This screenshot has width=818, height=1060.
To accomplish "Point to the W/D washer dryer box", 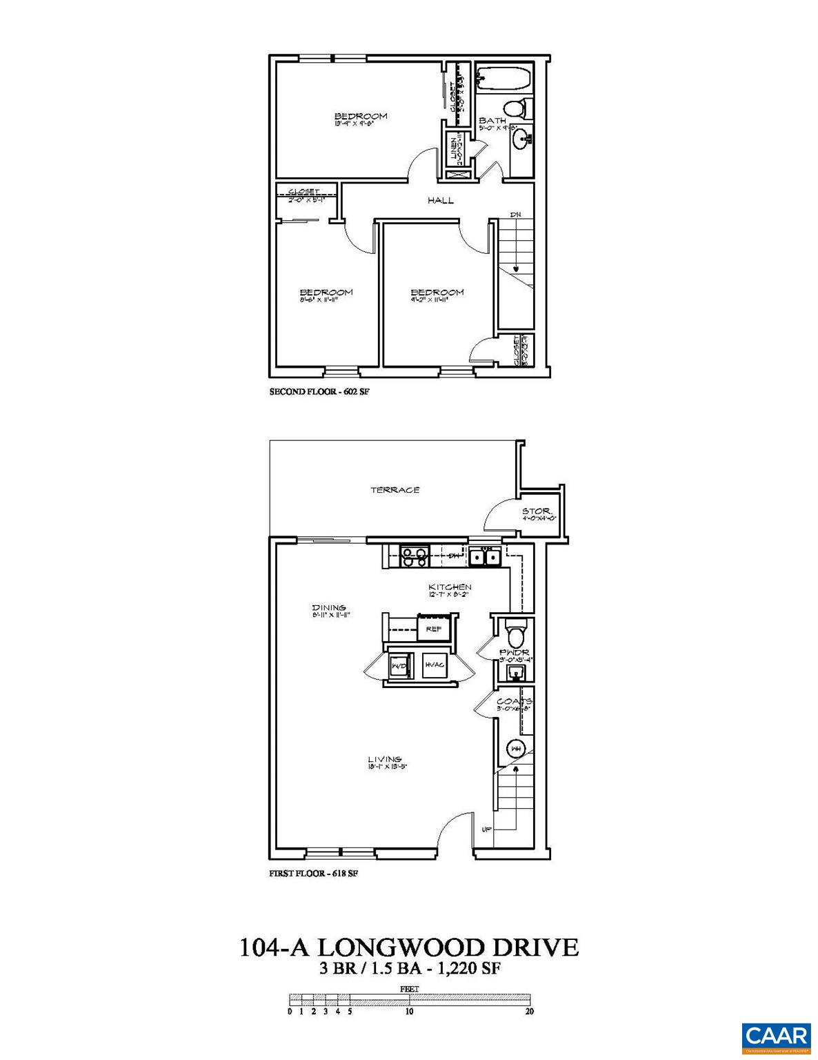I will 399,667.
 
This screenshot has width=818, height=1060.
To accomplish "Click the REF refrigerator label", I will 433,629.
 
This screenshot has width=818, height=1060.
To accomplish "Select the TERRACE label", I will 395,490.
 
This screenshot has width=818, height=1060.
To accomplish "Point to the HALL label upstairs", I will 440,200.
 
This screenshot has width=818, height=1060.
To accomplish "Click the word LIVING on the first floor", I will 384,759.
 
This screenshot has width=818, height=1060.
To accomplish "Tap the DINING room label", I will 328,607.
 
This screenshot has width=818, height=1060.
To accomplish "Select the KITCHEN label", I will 450,587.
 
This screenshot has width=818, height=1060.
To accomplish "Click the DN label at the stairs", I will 515,215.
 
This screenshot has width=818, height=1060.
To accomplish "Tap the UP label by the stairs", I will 486,829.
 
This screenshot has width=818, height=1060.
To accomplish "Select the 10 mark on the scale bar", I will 409,1012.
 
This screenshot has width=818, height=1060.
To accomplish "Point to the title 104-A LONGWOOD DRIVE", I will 409,947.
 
